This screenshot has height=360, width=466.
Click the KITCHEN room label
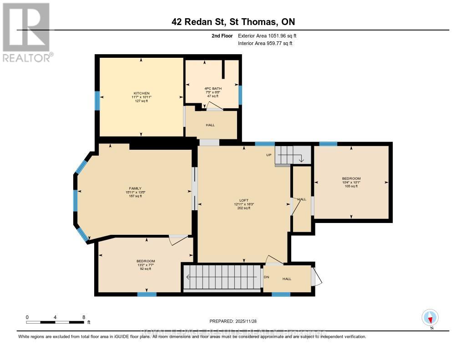[141, 93]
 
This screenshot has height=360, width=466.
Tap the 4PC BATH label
[212, 89]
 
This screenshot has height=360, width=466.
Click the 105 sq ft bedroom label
[351, 178]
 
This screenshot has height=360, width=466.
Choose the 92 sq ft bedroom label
[145, 261]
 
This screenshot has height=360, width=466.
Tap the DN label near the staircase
[266, 277]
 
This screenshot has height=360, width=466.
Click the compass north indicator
[430, 318]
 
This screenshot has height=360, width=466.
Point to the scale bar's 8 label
[83, 317]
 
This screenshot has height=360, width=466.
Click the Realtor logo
[26, 32]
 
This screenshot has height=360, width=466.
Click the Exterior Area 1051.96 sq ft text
[267, 35]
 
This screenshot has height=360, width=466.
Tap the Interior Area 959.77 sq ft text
[265, 43]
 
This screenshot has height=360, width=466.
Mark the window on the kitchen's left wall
[97, 101]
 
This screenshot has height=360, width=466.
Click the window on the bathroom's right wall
[240, 95]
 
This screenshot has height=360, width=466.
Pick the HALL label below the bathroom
[210, 125]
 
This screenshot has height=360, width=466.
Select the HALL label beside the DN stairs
[287, 279]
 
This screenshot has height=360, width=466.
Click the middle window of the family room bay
[76, 201]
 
